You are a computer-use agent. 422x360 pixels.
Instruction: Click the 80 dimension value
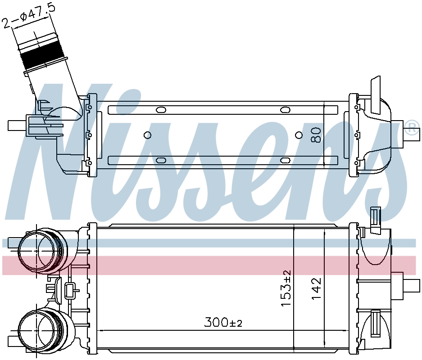[316, 135]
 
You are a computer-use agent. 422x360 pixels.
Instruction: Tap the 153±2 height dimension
[286, 288]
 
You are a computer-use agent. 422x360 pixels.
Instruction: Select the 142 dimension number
[316, 288]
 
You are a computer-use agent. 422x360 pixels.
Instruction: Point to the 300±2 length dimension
[223, 322]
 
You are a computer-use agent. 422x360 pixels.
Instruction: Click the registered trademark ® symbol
[412, 127]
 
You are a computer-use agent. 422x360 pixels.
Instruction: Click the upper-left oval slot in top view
[161, 110]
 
